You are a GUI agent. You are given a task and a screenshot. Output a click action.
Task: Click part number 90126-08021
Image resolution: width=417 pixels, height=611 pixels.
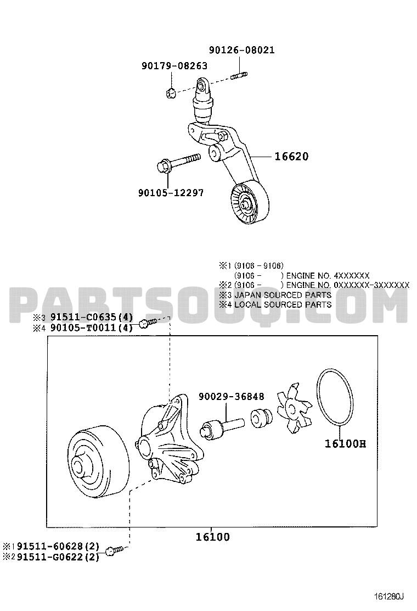point(241,50)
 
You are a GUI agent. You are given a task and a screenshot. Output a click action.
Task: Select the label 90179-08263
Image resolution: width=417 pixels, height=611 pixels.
point(174,66)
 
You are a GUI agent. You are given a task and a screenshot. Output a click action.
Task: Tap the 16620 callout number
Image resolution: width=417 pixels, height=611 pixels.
point(291,157)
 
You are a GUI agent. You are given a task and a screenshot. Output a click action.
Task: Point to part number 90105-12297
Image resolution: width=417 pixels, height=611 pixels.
point(171,192)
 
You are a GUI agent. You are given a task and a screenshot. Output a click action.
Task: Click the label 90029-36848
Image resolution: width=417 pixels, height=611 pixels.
point(232,397)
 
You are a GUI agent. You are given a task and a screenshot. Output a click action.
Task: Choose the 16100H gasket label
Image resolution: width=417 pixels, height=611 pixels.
point(346,443)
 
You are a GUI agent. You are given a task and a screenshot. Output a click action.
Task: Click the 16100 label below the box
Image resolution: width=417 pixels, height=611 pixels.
point(212,537)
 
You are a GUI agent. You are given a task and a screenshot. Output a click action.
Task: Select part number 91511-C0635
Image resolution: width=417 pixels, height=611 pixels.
point(83,318)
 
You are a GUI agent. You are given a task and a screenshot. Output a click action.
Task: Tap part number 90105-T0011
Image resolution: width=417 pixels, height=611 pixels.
point(83,327)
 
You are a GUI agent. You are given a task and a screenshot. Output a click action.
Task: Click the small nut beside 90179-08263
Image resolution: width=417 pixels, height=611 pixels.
point(170,93)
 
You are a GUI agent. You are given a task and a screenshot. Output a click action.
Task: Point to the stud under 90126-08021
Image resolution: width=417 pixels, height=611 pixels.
point(239,75)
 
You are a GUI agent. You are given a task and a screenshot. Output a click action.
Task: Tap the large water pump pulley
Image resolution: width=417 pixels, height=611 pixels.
point(98,466)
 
